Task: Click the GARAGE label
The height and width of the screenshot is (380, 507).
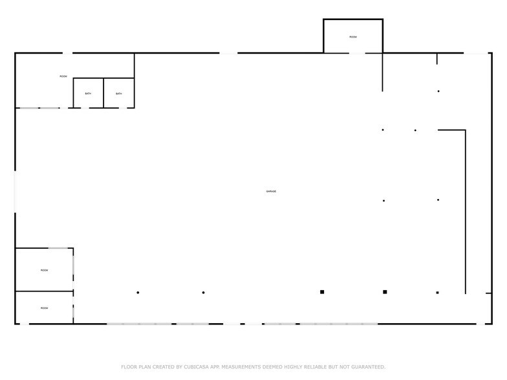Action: [x=271, y=191]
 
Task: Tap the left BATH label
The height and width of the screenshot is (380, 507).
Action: [x=88, y=94]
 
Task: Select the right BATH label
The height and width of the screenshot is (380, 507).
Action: [x=119, y=94]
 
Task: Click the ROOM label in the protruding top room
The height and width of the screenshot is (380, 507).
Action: [x=353, y=37]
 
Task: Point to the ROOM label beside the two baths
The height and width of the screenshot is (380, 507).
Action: [x=63, y=76]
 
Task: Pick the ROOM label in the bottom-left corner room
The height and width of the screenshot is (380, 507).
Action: [x=44, y=308]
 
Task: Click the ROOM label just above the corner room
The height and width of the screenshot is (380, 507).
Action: [x=44, y=270]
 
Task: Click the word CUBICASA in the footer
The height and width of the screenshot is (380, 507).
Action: [x=190, y=367]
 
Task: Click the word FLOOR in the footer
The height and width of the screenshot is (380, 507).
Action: [x=129, y=367]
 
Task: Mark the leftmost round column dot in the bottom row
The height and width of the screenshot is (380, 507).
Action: [x=138, y=293]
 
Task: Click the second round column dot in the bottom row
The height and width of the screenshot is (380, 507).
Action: [x=204, y=293]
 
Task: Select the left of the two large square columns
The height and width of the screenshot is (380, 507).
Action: [x=322, y=292]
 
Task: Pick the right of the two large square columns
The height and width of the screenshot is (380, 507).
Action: [x=385, y=292]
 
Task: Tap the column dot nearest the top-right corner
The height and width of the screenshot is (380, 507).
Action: [x=438, y=91]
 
